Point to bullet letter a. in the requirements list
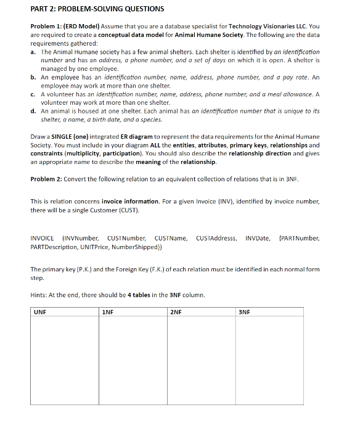coord(33,52)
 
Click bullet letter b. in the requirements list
coord(33,78)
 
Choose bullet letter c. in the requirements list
coord(33,94)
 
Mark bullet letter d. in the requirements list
coord(33,111)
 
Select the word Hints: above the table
coord(38,295)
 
